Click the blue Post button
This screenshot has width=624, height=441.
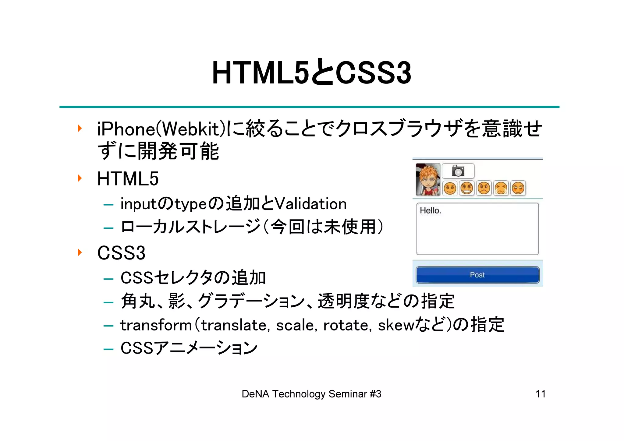tap(477, 275)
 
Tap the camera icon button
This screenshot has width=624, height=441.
tap(458, 171)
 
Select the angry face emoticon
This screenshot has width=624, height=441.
tap(484, 188)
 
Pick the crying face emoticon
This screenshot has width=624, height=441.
tap(501, 188)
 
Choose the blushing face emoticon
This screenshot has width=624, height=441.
tap(518, 188)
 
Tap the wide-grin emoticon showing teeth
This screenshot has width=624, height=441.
tap(467, 188)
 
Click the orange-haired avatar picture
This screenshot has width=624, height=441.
tap(428, 179)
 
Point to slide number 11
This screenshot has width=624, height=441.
tap(540, 394)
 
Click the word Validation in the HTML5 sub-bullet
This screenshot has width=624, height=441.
tap(311, 204)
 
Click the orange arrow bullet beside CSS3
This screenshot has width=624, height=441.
tap(80, 252)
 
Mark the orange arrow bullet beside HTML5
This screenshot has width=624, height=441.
tap(80, 178)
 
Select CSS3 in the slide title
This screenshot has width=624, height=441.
tap(374, 73)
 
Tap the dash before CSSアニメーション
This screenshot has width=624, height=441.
tap(108, 349)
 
